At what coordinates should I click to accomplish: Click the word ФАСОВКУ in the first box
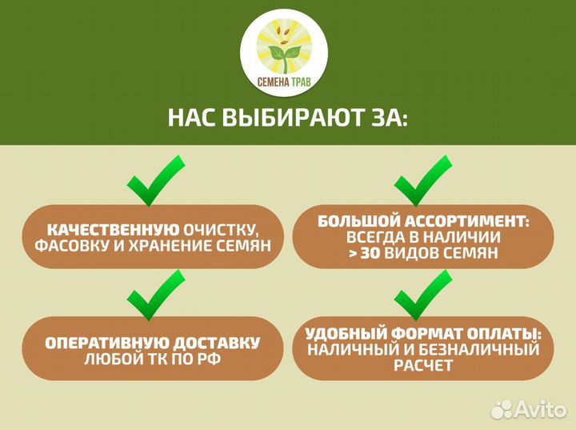[x=70, y=246]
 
